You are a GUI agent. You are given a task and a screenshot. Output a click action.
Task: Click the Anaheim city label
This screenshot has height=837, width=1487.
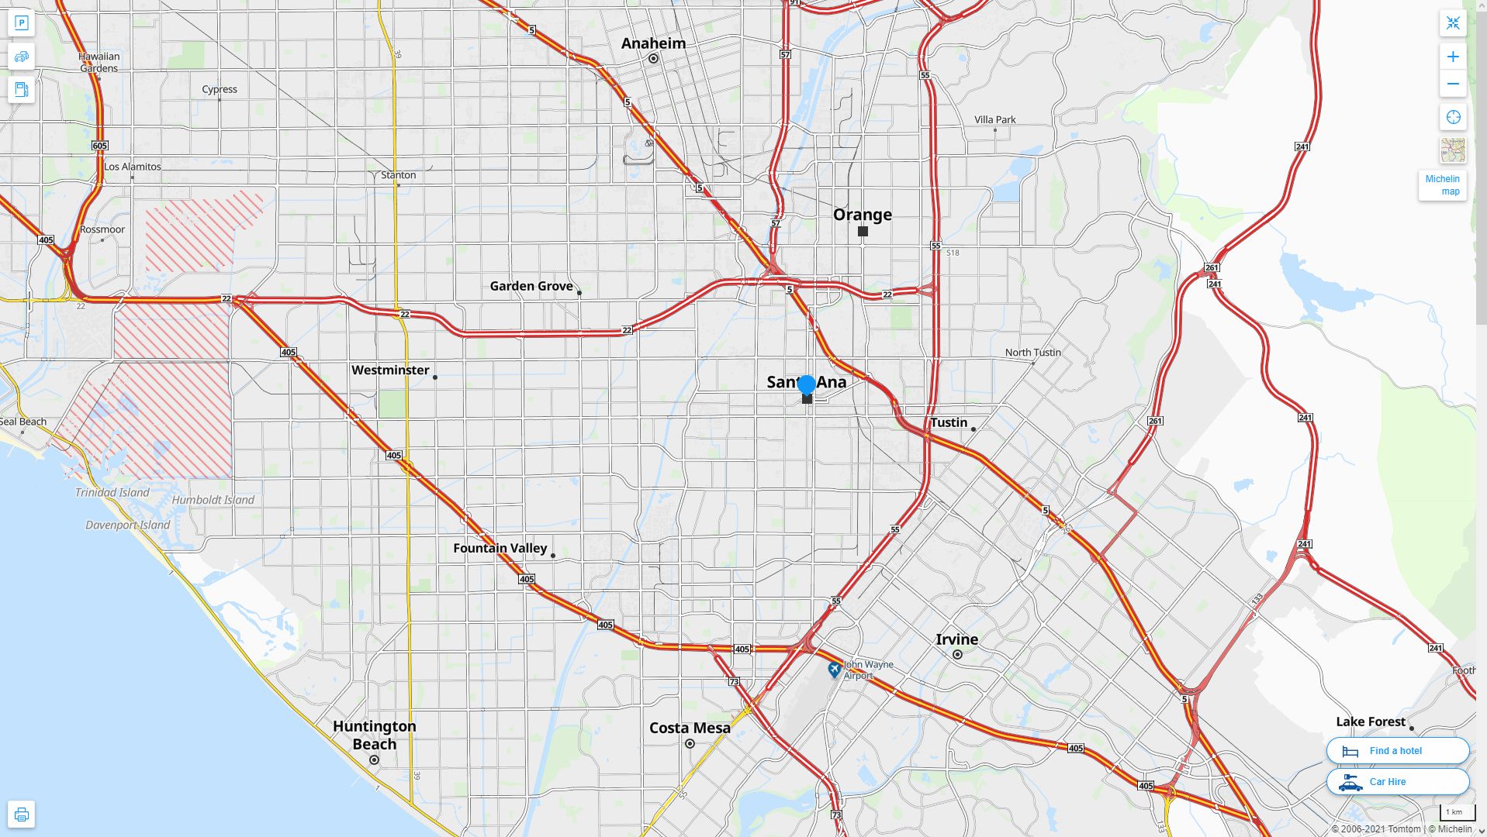point(653,43)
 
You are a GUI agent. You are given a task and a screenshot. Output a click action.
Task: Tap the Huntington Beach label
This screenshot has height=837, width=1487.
point(375,735)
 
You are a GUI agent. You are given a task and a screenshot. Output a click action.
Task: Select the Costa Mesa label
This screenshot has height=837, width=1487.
point(690,728)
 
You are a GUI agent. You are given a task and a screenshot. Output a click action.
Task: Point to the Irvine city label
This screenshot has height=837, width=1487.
point(956,639)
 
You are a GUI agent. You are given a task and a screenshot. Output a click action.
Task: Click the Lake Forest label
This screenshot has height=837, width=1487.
point(1370,722)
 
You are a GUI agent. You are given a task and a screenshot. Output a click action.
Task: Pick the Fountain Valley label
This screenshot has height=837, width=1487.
point(500,548)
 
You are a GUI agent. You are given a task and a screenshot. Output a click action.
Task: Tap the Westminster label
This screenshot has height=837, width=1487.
point(390,370)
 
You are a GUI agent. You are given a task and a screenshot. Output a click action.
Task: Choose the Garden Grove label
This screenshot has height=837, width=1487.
point(531,286)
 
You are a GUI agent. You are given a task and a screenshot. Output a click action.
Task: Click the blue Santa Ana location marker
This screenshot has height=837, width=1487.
point(807,384)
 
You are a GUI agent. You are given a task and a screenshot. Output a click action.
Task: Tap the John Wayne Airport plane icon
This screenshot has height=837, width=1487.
point(835,669)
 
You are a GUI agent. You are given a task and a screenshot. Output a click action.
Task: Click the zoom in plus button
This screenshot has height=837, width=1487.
point(1453,57)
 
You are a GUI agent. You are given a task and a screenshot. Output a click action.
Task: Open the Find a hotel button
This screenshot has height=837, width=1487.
point(1397,750)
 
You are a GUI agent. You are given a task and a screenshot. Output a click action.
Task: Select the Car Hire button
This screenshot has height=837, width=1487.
point(1397,781)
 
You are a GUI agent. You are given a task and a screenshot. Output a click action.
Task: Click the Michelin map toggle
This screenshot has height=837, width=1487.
point(1442,184)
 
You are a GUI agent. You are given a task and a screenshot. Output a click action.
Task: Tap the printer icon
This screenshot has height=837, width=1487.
point(22,815)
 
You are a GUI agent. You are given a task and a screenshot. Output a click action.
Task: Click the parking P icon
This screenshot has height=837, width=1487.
point(22,23)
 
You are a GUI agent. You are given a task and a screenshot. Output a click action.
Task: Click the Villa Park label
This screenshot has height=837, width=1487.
point(994,119)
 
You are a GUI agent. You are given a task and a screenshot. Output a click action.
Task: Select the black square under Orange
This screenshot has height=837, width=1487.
point(863,231)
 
